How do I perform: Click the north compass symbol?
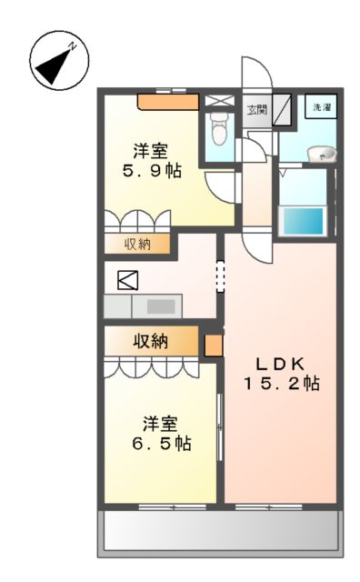point(56,62)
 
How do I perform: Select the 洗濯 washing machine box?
point(321,108)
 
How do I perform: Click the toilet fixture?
point(218,130)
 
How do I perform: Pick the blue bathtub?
point(302,220)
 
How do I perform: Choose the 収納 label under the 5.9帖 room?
point(137,244)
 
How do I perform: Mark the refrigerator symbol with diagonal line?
point(124,280)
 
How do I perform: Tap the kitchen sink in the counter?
point(161,306)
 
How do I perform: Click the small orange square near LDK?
point(214,346)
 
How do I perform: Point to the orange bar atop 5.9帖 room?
point(167,102)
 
